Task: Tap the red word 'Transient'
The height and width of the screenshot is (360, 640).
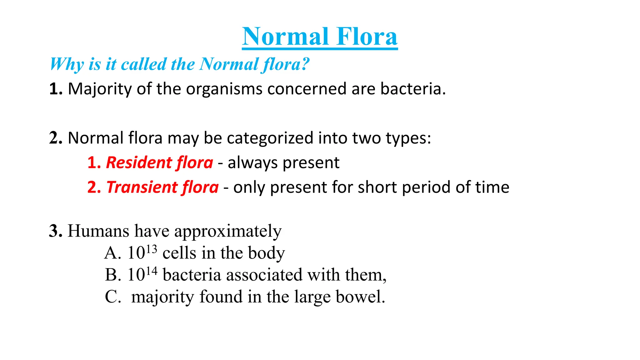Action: coord(142,187)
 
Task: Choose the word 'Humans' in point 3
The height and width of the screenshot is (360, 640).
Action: coord(98,231)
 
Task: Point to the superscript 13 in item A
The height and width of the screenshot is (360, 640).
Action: coord(152,249)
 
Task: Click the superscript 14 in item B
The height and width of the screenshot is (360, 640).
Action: coord(152,271)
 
